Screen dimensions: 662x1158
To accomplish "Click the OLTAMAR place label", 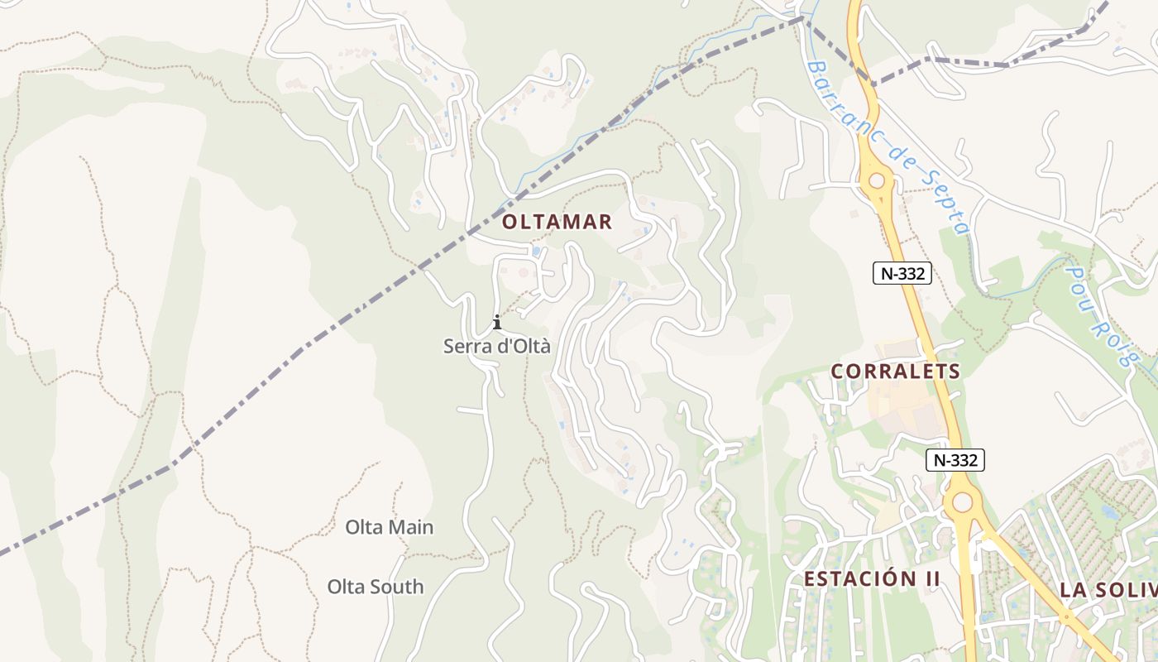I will (x=557, y=222).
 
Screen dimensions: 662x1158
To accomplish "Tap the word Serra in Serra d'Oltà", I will (x=466, y=346).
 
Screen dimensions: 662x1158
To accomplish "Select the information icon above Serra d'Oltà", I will (x=497, y=322).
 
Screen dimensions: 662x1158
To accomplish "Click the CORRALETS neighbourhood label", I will (x=895, y=372).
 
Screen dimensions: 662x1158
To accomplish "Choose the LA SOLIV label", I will (x=1108, y=591).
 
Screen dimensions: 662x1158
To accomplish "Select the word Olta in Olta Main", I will (x=362, y=527).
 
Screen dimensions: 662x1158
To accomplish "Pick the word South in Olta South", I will (x=396, y=587).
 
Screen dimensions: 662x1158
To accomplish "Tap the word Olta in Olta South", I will (x=345, y=587).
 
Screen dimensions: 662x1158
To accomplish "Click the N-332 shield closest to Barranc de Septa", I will (x=902, y=273).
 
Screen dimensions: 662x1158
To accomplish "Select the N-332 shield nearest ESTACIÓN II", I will (x=955, y=460).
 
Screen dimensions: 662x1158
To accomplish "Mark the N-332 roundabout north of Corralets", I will (x=877, y=180).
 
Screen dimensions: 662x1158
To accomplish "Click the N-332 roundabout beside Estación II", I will (x=962, y=502).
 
